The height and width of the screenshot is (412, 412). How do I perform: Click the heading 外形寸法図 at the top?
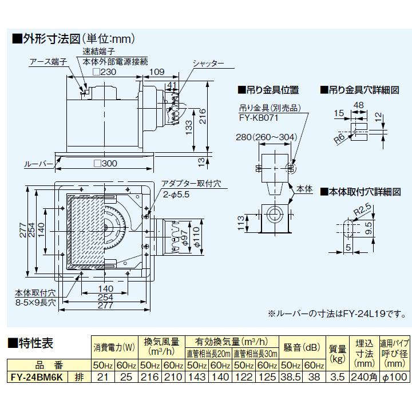51,40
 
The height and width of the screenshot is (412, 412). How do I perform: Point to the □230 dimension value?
104,72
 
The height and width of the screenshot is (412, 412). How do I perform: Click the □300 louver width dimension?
104,164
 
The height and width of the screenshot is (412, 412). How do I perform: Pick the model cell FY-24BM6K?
38,378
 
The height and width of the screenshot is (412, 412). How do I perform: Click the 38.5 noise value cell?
290,378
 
